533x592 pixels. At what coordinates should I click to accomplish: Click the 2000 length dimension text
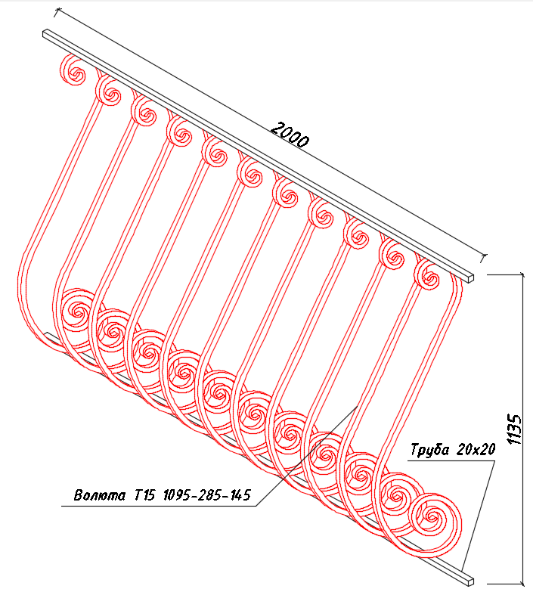[x=290, y=135]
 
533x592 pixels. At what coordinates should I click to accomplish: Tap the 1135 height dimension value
[x=514, y=429]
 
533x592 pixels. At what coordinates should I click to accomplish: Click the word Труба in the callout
[x=429, y=450]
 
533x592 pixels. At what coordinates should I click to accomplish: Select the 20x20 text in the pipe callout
[x=476, y=449]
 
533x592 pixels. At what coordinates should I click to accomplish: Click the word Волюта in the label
[x=100, y=495]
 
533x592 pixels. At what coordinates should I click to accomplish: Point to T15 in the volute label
[x=144, y=494]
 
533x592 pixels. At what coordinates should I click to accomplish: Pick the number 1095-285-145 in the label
[x=207, y=494]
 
